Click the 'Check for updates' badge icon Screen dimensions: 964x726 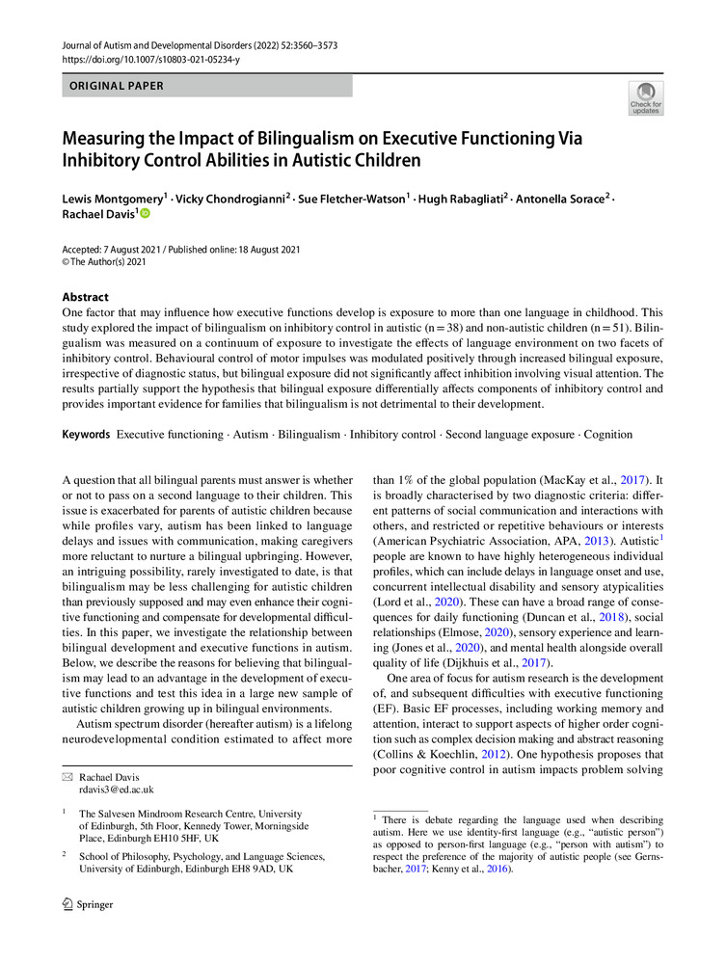pyautogui.click(x=646, y=99)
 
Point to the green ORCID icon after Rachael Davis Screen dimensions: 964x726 pyautogui.click(x=147, y=214)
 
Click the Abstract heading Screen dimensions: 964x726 pyautogui.click(x=86, y=297)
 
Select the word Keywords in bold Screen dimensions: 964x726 pyautogui.click(x=86, y=435)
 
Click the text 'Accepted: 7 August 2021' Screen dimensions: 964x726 pyautogui.click(x=118, y=248)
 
